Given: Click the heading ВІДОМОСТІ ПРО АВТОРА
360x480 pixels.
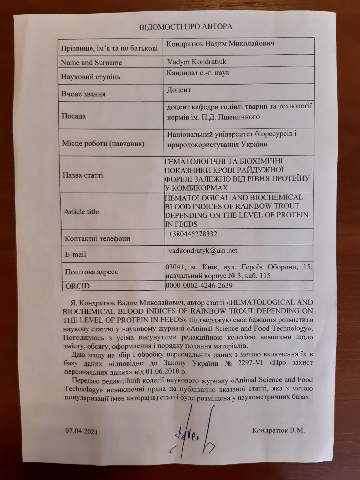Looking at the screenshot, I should pos(186,27).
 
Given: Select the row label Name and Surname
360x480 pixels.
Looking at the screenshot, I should pos(91,63).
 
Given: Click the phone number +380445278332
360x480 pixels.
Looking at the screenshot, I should pos(193,234).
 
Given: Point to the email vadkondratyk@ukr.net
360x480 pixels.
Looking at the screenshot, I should pos(203,250).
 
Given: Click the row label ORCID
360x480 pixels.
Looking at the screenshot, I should pos(78,286).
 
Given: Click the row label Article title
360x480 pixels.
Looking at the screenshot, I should pos(82,211).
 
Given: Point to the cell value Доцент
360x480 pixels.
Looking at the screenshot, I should pos(179,90).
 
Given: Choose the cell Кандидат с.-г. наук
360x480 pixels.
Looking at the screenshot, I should pos(198,73).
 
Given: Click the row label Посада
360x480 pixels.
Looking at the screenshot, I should pos(73,116).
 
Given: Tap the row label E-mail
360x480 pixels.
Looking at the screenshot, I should pos(75,254).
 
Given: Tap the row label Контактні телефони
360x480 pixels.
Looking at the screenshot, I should pos(97,238).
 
